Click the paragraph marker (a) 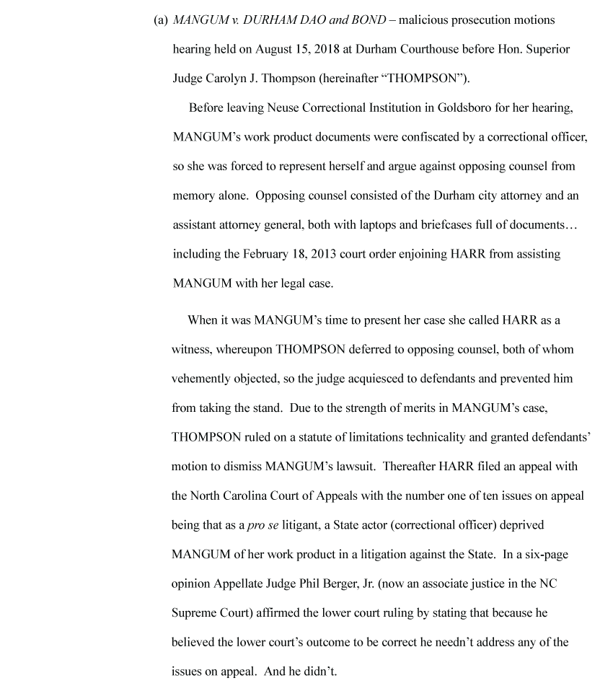[x=161, y=20]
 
